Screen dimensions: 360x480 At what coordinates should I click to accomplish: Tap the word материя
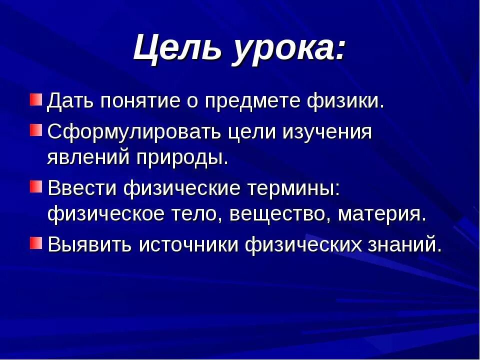(x=382, y=215)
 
